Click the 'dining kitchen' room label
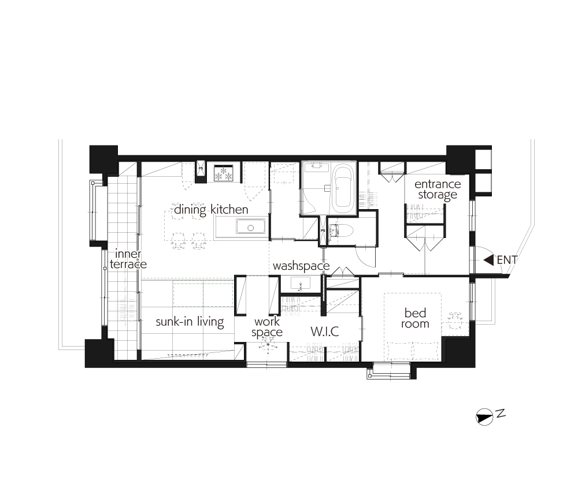pos(211,210)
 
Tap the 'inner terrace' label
pos(128,259)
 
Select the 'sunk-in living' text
pos(190,322)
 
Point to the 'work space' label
pos(267,327)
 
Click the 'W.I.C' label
pos(325,332)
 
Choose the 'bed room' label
pos(415,318)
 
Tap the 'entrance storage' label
pos(438,189)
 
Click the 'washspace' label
pos(301,266)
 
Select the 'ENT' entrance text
pos(507,260)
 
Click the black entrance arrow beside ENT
pos(489,260)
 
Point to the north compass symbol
pos(484,417)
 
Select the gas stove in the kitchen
pos(224,173)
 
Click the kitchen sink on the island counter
pos(251,227)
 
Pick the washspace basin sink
pos(301,284)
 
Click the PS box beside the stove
pos(201,169)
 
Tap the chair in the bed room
pos(455,321)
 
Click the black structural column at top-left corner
pos(103,159)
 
